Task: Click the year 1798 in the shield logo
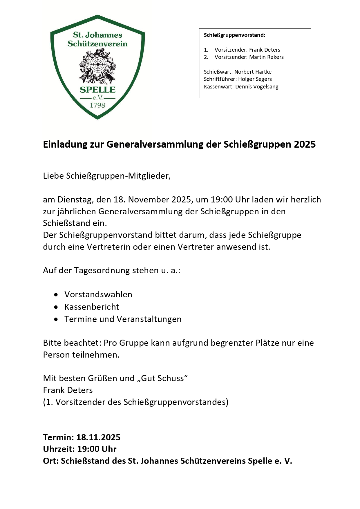pyautogui.click(x=97, y=105)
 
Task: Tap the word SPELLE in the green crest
pyautogui.click(x=97, y=90)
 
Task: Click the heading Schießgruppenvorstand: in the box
pyautogui.click(x=234, y=35)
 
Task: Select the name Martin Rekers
pyautogui.click(x=266, y=57)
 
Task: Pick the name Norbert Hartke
pyautogui.click(x=253, y=72)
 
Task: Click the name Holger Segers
pyautogui.click(x=255, y=79)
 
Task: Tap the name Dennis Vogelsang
pyautogui.click(x=257, y=87)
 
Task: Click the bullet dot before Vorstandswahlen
pyautogui.click(x=56, y=295)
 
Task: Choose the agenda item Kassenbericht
pyautogui.click(x=92, y=307)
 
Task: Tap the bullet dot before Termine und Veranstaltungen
pyautogui.click(x=56, y=319)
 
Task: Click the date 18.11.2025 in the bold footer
pyautogui.click(x=98, y=437)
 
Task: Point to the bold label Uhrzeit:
pyautogui.click(x=59, y=449)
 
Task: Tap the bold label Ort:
pyautogui.click(x=51, y=461)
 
